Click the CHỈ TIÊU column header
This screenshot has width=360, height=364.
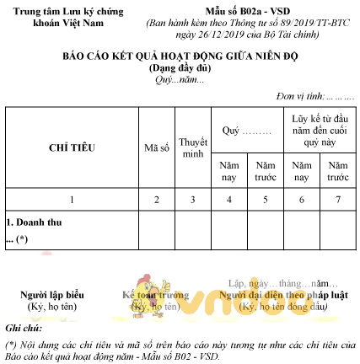(70, 147)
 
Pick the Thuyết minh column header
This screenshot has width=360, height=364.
(193, 147)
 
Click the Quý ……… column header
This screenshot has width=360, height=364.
(246, 131)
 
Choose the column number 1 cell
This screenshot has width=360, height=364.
(72, 200)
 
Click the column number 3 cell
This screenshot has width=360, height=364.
(193, 200)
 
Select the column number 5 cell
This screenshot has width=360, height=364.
(266, 200)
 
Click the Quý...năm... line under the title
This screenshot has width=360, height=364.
(180, 78)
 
